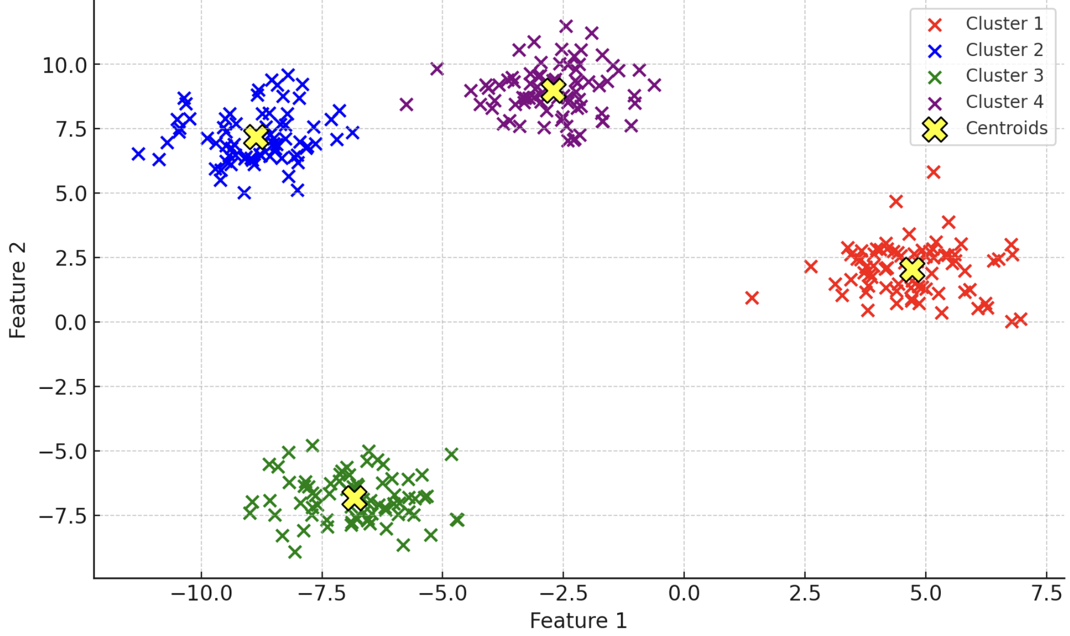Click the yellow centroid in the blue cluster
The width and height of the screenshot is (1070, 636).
coord(257,137)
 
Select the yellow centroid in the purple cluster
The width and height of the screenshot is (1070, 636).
coord(553,90)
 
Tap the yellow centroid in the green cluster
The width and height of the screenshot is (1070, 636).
coord(354,497)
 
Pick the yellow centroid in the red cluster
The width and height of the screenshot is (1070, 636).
coord(912,270)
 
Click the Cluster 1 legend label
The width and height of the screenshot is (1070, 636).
coord(1004,23)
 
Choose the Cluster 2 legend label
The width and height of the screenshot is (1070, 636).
coord(1004,50)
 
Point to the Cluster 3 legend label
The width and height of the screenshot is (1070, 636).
coord(1004,75)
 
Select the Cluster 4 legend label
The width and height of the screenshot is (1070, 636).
coord(1004,102)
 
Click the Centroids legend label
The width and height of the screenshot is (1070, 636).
coord(1006,128)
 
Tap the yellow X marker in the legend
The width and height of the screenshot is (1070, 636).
coord(935,130)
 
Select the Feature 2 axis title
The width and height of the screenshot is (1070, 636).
coord(18,290)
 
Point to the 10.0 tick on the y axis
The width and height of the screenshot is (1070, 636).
coord(65,65)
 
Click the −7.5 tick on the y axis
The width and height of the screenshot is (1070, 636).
coord(63,516)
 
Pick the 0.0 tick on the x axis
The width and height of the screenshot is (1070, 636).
coord(684,594)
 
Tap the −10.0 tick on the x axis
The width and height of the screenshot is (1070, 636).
coord(201,594)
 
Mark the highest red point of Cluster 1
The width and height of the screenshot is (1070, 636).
coord(933,172)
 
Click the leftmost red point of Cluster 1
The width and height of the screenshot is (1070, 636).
coord(752,298)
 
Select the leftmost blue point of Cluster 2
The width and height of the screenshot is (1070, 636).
coord(138,154)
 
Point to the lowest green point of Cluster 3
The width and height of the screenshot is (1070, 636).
coord(295,552)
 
